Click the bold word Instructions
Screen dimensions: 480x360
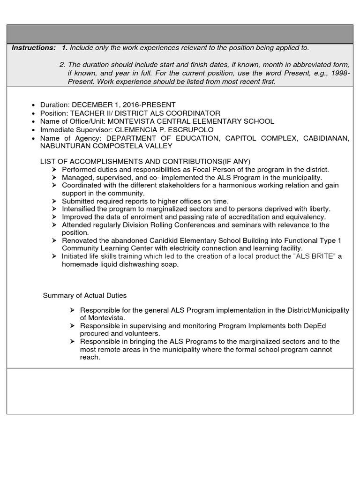(33, 48)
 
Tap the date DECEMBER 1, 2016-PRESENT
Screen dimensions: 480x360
(124, 105)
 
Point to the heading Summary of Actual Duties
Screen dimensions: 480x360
(85, 295)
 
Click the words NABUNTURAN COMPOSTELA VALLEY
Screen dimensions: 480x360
(107, 146)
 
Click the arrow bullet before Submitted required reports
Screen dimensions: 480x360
(54, 201)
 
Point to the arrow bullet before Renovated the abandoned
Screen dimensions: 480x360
(54, 240)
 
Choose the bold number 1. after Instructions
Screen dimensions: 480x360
(65, 48)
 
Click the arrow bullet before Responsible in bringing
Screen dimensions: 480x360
(72, 342)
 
